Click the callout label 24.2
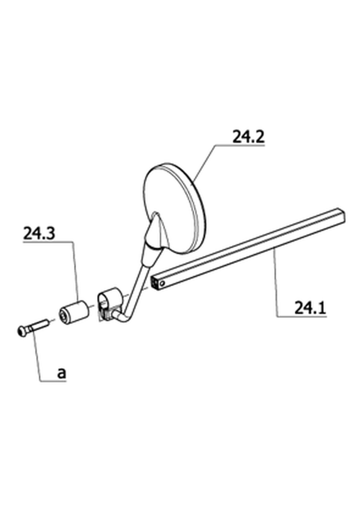[248, 137]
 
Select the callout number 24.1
[310, 308]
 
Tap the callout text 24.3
[39, 233]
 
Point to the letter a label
[62, 373]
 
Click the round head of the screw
[21, 331]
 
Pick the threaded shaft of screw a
[38, 325]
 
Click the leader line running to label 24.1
[276, 282]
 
